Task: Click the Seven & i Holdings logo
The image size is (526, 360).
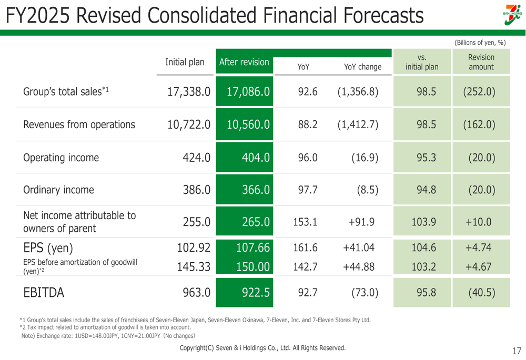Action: (x=512, y=14)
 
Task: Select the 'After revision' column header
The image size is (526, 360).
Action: (x=244, y=63)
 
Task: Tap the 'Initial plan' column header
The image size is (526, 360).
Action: (x=185, y=63)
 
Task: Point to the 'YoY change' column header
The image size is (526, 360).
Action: (x=362, y=67)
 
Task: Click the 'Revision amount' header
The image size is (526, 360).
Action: (x=480, y=62)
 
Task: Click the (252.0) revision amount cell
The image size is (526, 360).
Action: (x=480, y=92)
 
